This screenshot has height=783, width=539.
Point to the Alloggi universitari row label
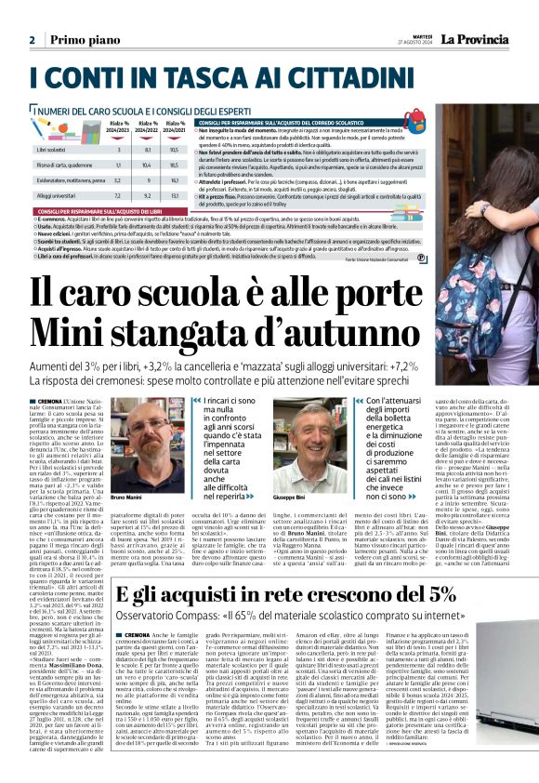pos(59,197)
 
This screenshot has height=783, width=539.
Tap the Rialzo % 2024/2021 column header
pos(174,126)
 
